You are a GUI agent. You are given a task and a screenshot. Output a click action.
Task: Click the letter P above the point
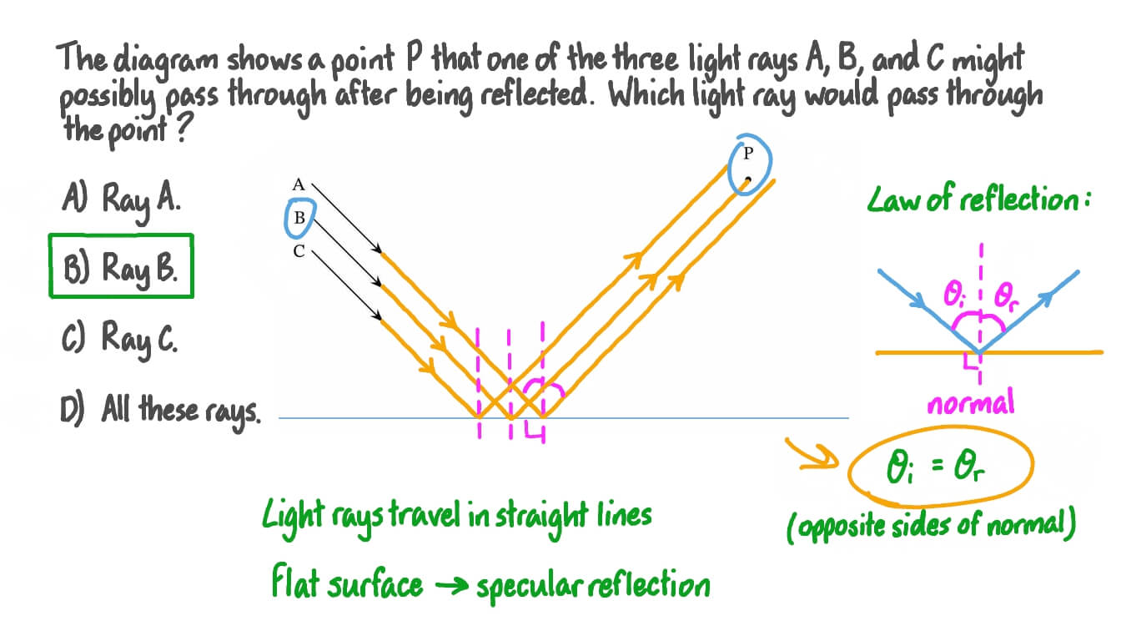click(x=748, y=153)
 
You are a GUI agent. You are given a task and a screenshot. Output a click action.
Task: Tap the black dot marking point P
click(x=748, y=179)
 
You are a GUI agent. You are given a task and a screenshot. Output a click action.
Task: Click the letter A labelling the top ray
click(x=298, y=185)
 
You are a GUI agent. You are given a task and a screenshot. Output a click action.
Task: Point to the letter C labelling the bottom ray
click(x=298, y=250)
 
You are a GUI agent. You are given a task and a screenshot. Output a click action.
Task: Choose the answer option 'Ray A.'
click(x=120, y=200)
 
